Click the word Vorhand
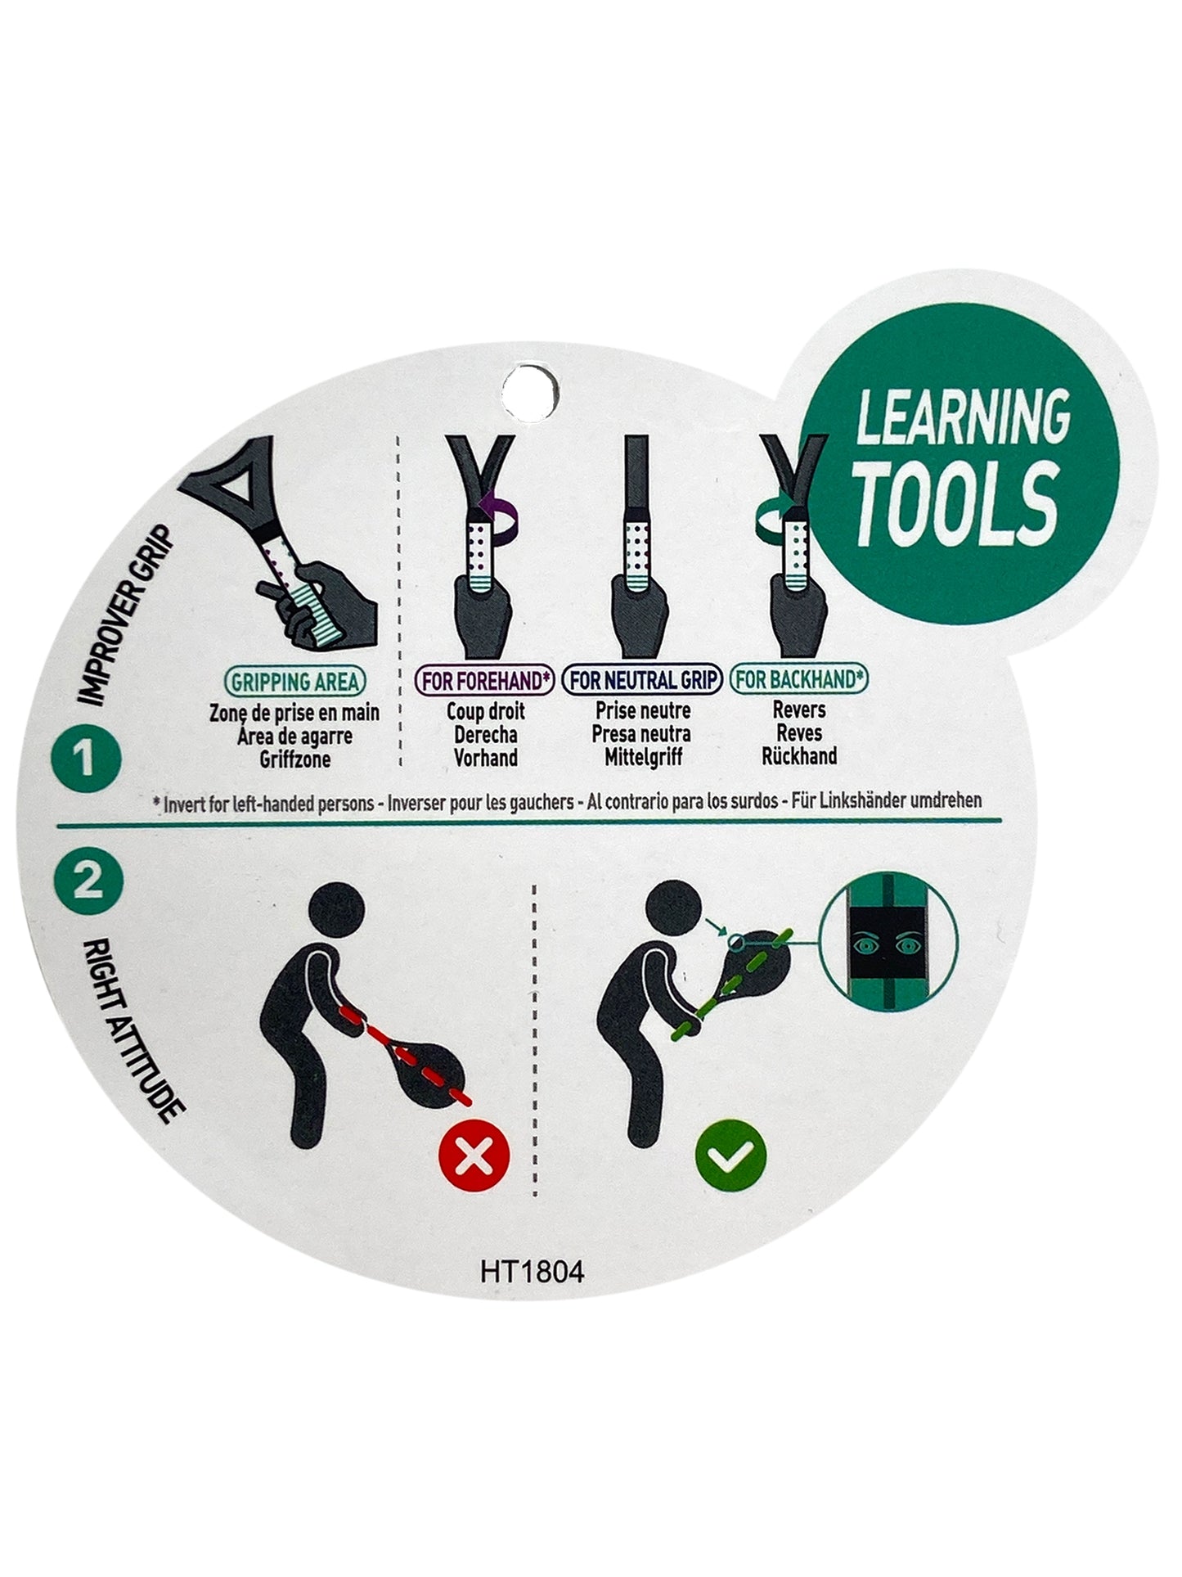[x=486, y=758]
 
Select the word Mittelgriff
[x=643, y=757]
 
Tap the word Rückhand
[x=799, y=755]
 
